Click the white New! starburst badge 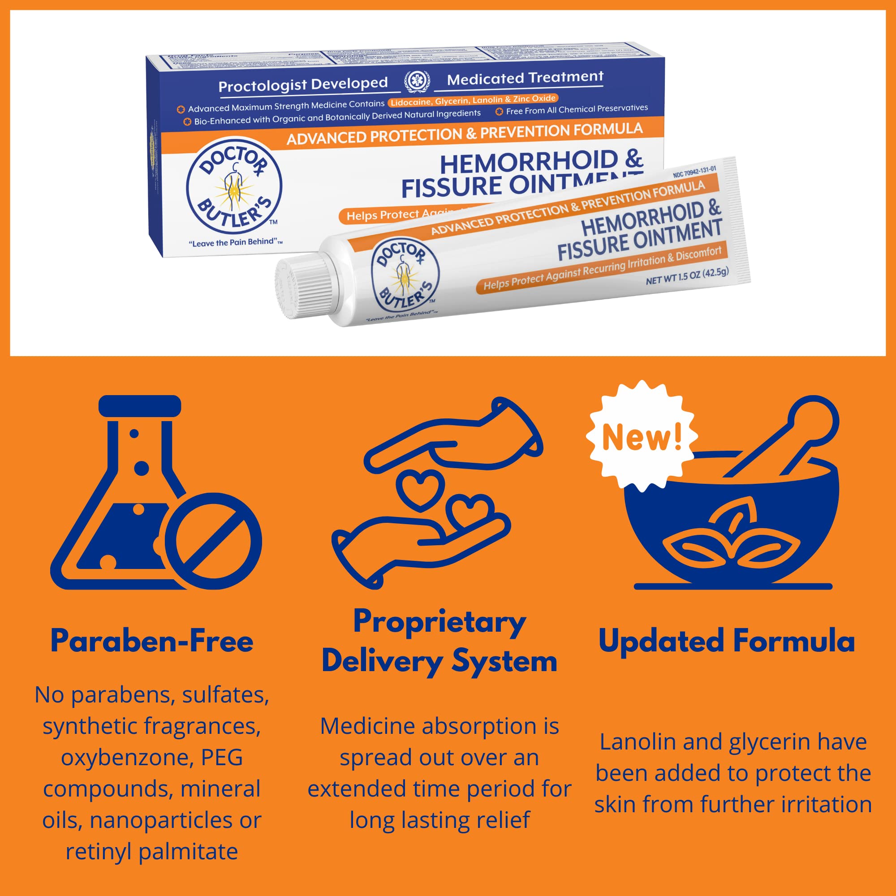(642, 436)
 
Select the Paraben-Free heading (152, 642)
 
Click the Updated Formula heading (726, 642)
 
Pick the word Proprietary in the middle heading (439, 622)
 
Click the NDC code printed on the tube (694, 172)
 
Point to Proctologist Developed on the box (303, 84)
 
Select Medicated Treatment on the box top (525, 78)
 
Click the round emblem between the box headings (417, 81)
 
